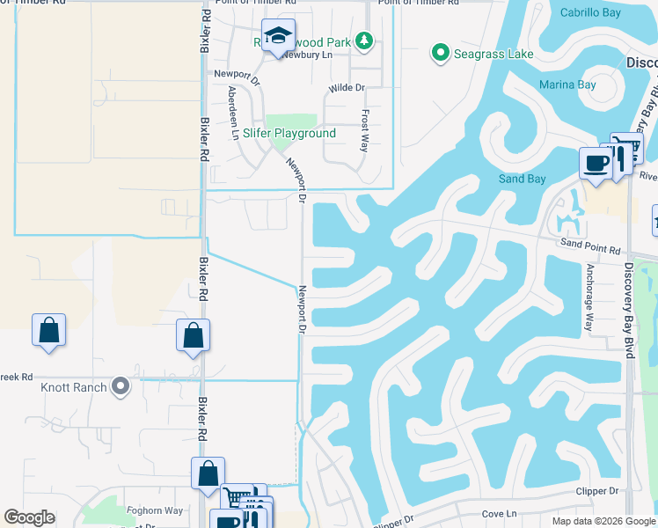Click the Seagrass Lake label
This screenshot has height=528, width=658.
pos(493,55)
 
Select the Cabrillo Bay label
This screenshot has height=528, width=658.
pos(591,13)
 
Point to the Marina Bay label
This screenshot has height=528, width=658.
pos(567,85)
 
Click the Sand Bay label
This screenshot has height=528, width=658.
pos(523,180)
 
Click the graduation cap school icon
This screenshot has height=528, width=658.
pos(279,35)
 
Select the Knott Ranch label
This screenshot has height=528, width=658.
pos(73,386)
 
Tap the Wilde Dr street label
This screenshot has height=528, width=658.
pos(347,88)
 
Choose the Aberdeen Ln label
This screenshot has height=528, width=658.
pos(233,113)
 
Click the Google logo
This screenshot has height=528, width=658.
pos(30,517)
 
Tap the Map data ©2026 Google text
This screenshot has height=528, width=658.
pos(603,521)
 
